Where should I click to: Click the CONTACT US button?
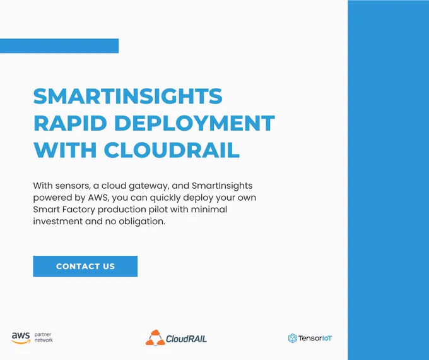85,267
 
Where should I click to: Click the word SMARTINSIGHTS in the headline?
128,96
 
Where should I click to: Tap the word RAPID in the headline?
70,123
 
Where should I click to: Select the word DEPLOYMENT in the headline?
194,123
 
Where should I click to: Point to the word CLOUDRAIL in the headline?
172,150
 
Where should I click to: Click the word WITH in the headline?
65,150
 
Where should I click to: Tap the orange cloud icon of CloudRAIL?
155,337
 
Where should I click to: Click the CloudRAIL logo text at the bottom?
186,339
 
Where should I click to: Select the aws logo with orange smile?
21,338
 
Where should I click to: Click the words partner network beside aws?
44,337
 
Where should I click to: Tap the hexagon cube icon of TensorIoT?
293,339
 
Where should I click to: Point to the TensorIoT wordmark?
315,339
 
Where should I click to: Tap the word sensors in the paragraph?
73,186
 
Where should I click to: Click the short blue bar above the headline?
59,45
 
